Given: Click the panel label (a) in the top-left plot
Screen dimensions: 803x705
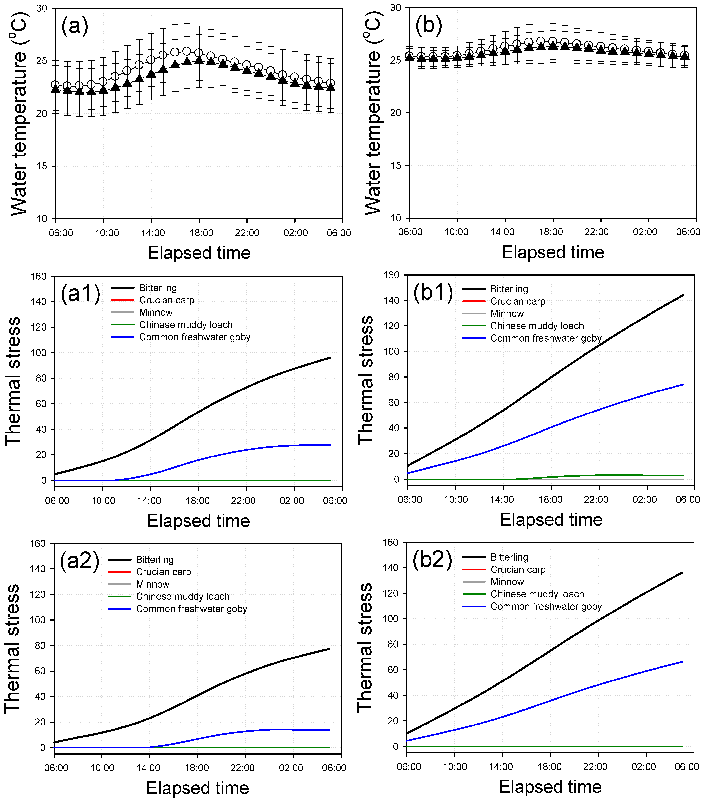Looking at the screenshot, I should [x=75, y=26].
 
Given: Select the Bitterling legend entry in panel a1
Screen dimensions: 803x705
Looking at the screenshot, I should [x=158, y=288].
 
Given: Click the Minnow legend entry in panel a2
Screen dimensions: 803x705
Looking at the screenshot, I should [x=152, y=584].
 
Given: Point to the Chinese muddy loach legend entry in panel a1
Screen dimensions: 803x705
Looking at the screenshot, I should [x=186, y=325].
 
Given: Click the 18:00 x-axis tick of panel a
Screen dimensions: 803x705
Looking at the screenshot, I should [x=201, y=233].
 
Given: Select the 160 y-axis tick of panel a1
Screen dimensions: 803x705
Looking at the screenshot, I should [x=38, y=276].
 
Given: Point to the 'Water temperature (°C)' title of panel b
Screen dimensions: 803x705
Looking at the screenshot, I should [x=373, y=113].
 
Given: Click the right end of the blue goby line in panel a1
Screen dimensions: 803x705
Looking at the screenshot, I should [x=330, y=445].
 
